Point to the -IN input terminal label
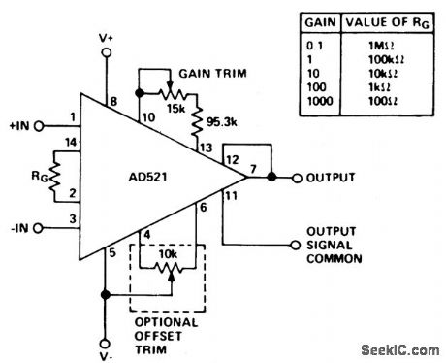(x=18, y=228)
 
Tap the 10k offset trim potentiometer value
(x=167, y=254)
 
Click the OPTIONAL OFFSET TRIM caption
(x=165, y=328)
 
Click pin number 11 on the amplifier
(x=229, y=198)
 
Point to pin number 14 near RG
(x=68, y=143)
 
